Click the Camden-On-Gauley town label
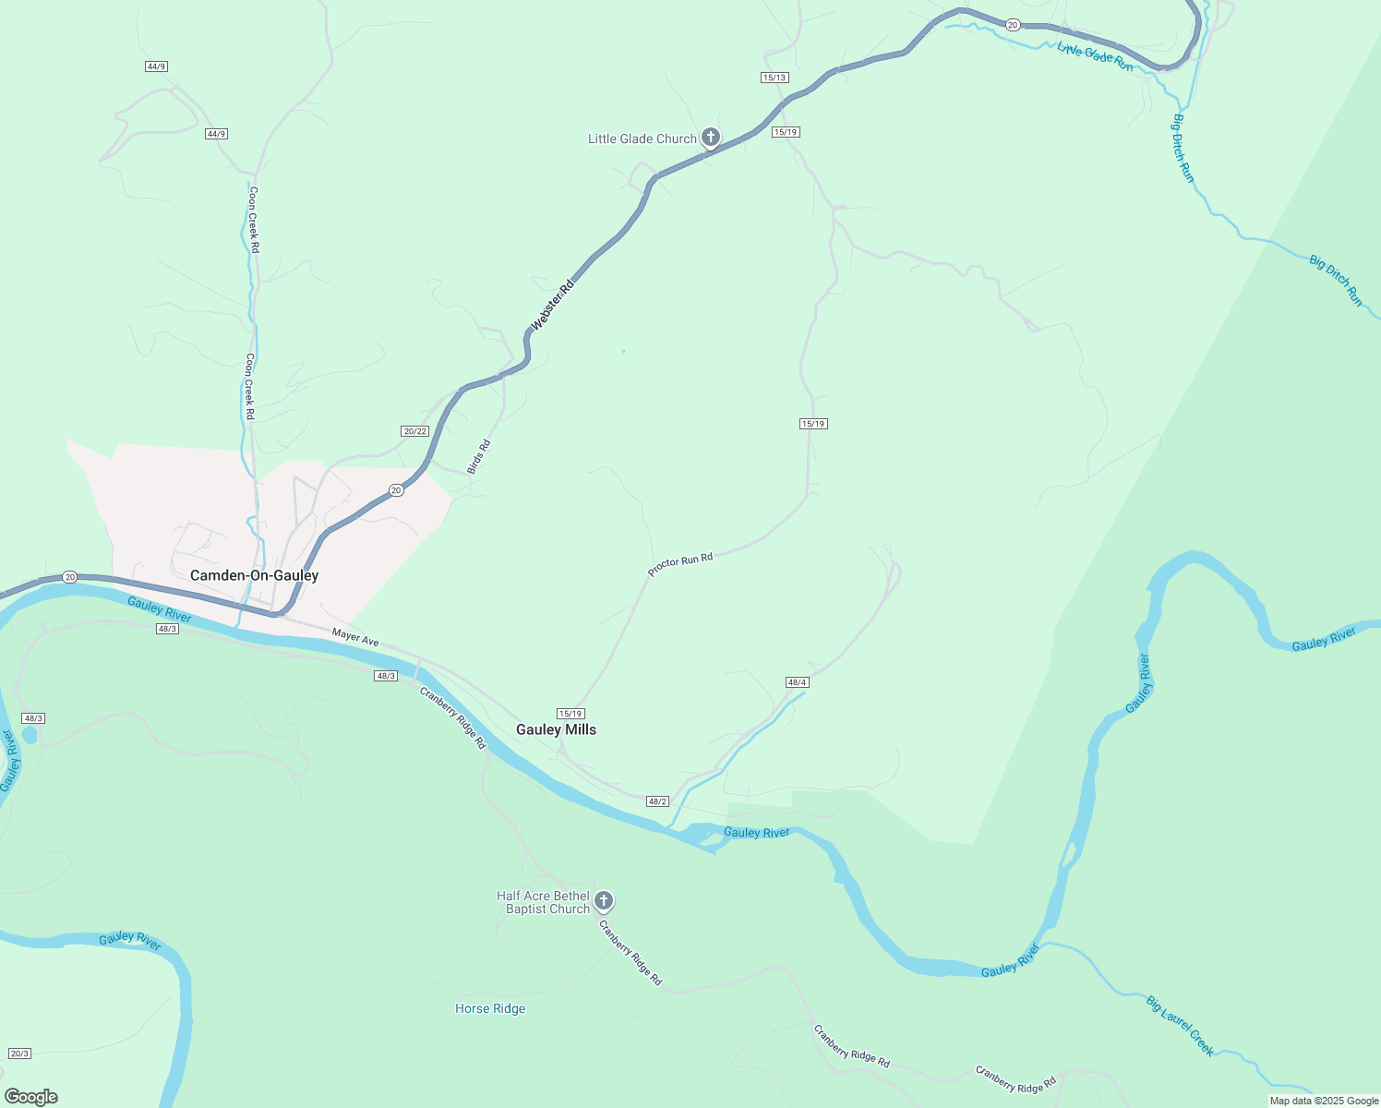coord(254,575)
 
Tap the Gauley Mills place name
coord(556,729)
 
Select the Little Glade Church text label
coord(642,138)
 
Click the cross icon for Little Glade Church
coord(710,138)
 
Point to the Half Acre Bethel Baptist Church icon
coord(604,900)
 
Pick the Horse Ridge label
coord(490,1008)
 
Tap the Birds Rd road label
coord(478,457)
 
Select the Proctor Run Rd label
coord(680,564)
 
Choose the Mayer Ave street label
coord(355,637)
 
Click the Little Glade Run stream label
coord(1095,56)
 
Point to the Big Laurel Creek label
coord(1180,1025)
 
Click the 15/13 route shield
coord(775,78)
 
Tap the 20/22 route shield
coord(415,431)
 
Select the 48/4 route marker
coord(798,682)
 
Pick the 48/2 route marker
coord(657,801)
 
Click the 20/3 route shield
coord(19,1054)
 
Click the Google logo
coord(31,1097)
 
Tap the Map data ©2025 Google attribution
coord(1324,1101)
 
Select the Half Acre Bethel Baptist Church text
coord(544,902)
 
